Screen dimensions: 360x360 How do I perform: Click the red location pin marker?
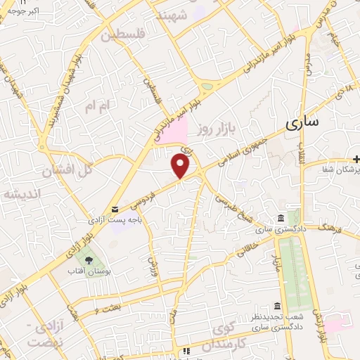tap(181, 165)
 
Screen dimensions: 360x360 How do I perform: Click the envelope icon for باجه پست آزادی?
tap(115, 209)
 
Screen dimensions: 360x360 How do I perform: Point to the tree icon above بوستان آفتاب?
tap(88, 260)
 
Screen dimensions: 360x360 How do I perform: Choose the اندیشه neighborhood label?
tap(21, 193)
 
